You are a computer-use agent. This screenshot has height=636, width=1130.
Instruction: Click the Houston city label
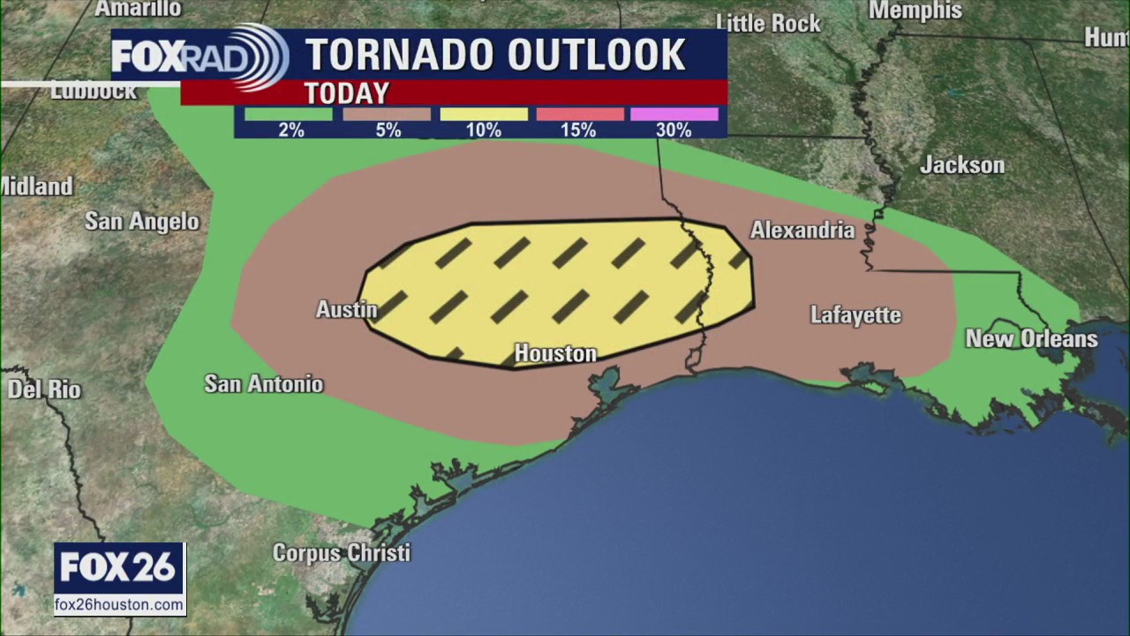coord(555,354)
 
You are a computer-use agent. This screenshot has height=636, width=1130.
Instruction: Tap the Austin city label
coord(347,310)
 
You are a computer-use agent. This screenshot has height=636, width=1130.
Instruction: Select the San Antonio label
coord(263,384)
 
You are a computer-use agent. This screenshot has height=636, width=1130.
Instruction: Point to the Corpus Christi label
coord(341,553)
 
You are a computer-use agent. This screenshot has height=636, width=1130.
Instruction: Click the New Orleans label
coord(1031,339)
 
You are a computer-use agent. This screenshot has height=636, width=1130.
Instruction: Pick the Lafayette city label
coord(855,315)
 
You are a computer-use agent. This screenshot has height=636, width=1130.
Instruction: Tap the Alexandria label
coord(802,231)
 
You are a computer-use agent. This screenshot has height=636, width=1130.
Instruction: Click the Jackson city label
coord(961,165)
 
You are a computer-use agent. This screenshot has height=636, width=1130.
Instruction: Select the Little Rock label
coord(768,23)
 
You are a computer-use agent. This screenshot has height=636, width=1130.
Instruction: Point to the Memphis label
coord(915,11)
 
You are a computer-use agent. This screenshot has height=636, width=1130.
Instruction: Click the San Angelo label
coord(142,222)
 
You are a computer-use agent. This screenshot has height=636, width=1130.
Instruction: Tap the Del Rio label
coord(44,390)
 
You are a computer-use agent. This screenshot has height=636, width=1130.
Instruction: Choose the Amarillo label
coord(138,9)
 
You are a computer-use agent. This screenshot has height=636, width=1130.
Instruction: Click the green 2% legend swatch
coord(289,114)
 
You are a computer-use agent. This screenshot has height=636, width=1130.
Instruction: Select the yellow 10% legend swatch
coord(483,114)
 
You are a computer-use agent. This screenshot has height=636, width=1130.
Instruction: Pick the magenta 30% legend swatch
coord(674,114)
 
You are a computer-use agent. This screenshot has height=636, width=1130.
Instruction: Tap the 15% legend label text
coord(577,131)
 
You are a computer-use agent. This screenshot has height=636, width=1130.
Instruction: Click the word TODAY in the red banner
coord(346,93)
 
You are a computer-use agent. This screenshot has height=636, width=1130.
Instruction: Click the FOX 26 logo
coord(120,568)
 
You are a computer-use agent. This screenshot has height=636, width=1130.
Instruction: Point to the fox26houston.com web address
coord(120,605)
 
